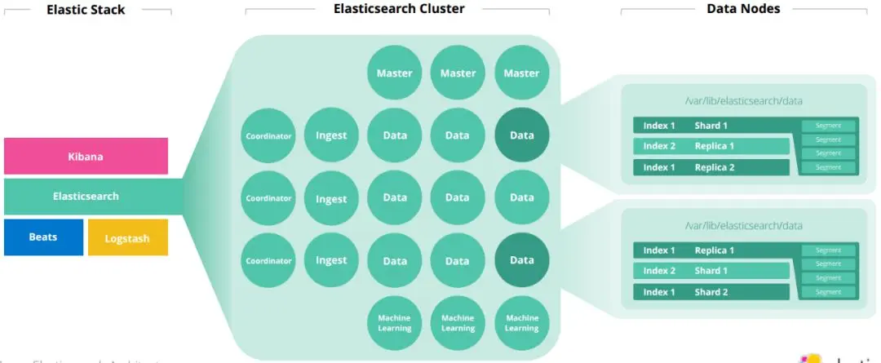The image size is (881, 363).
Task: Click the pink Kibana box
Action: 86,156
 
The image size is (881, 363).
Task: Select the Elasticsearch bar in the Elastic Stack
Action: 86,197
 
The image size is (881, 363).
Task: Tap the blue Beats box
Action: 43,237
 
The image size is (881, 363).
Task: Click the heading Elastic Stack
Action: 86,10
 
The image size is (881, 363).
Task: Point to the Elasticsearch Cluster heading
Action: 399,9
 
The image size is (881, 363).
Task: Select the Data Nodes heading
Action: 743,9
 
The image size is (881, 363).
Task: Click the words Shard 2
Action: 711,292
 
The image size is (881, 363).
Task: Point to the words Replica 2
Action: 715,167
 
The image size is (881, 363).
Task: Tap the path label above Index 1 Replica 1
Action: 742,225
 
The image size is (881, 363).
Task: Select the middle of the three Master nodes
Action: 458,73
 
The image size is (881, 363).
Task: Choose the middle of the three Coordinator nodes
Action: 268,198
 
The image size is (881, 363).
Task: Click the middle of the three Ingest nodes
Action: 331,198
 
